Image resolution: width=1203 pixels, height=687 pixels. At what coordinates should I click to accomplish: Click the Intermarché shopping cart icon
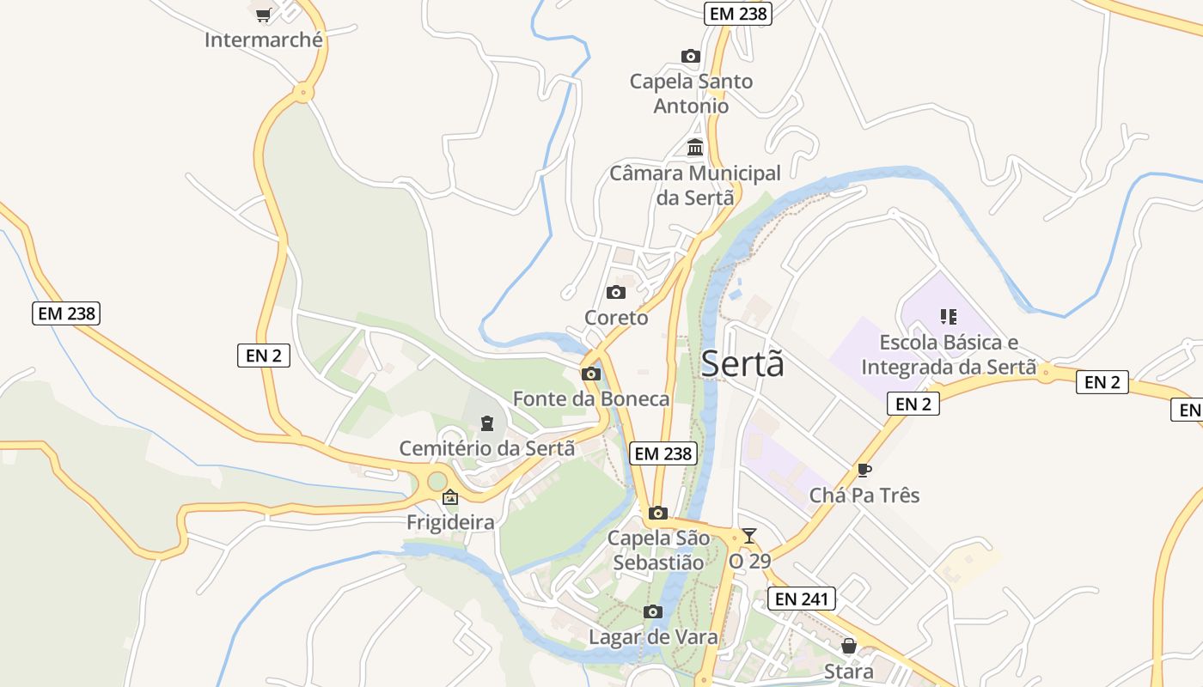(x=264, y=15)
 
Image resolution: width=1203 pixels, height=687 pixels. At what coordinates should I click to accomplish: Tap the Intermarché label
(x=264, y=40)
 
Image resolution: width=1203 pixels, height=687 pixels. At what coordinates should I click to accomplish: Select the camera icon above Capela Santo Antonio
(x=691, y=57)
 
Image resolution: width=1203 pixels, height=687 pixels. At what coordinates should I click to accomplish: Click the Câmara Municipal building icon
(x=695, y=148)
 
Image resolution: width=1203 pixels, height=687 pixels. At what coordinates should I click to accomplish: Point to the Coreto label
(x=616, y=318)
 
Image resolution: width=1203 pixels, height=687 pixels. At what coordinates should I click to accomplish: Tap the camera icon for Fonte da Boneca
(x=591, y=374)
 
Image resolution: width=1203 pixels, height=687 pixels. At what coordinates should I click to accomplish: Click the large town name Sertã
(x=742, y=364)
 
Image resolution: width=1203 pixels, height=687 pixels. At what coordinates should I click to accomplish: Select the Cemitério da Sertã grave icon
(x=487, y=423)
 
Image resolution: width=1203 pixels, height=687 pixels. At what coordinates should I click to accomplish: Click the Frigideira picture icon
(x=450, y=497)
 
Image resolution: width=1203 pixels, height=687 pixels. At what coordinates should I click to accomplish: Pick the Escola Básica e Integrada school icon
(x=949, y=317)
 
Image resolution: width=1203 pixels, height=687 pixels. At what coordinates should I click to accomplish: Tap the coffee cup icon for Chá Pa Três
(x=864, y=470)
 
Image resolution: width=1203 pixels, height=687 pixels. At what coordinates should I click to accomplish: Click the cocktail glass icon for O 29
(x=749, y=536)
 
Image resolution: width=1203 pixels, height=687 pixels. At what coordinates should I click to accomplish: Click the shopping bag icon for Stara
(x=849, y=646)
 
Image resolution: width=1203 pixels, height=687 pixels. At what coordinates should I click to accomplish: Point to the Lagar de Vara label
(x=653, y=638)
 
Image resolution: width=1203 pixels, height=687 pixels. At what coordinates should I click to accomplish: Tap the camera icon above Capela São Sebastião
(x=658, y=514)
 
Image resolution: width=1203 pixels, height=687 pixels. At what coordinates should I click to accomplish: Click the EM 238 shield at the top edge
(x=738, y=14)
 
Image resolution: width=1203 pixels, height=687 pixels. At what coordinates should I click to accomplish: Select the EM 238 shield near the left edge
(x=67, y=313)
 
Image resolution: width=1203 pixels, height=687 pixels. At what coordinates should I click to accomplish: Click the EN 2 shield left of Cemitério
(x=264, y=355)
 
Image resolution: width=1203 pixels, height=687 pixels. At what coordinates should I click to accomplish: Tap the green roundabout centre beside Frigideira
(x=437, y=481)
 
